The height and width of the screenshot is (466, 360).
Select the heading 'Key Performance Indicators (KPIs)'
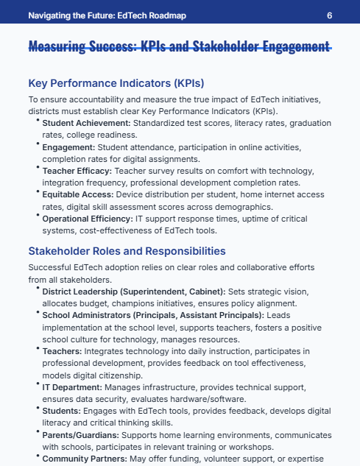pyautogui.click(x=116, y=83)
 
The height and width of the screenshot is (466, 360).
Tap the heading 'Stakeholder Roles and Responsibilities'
pyautogui.click(x=127, y=251)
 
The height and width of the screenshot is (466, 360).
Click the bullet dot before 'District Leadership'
pyautogui.click(x=38, y=289)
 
